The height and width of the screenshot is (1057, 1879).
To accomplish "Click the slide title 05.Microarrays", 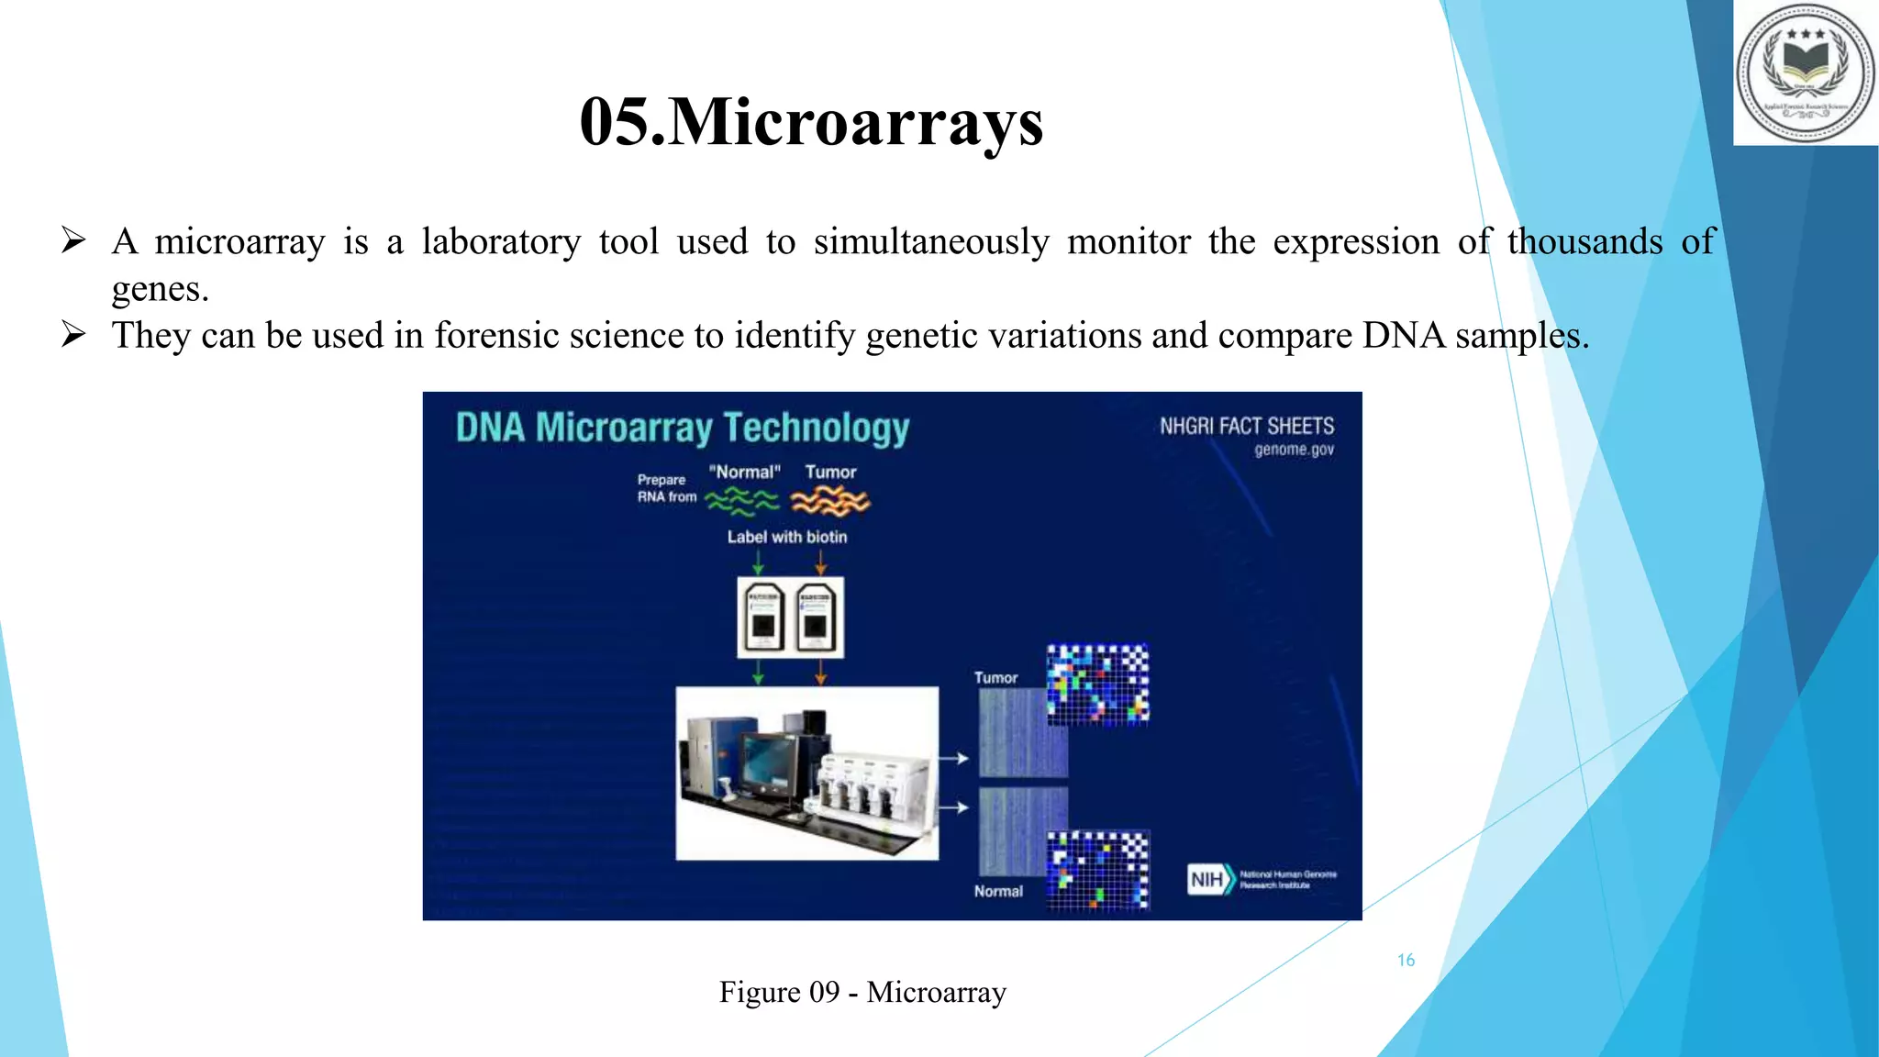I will (x=811, y=122).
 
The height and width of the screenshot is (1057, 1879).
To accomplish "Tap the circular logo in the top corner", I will (x=1805, y=72).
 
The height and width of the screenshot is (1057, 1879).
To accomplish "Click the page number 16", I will (x=1406, y=961).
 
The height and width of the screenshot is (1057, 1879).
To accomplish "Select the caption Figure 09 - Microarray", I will (x=862, y=992).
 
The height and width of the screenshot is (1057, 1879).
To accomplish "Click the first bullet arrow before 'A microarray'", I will (x=73, y=241).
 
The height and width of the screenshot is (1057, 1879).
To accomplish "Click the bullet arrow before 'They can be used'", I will (x=73, y=335).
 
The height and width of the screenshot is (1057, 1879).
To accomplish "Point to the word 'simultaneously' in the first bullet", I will (x=930, y=242).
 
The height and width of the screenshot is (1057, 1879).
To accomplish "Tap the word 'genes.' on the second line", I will (x=161, y=289).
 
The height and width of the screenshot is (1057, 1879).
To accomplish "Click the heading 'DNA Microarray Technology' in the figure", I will (x=682, y=428).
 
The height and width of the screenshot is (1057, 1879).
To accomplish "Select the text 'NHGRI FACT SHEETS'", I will (x=1246, y=427).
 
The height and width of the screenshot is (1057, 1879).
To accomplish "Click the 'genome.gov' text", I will (x=1294, y=450).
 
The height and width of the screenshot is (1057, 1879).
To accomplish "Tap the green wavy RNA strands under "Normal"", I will (x=741, y=501).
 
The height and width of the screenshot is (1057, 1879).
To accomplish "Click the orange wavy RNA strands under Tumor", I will (x=829, y=501).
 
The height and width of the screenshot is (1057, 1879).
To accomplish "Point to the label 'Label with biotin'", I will (x=786, y=537).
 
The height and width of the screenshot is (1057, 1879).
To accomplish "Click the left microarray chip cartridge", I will (x=763, y=617).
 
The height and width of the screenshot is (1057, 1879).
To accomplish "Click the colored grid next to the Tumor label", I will (x=1097, y=684).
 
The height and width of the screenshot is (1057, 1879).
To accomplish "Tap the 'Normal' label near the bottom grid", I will (x=998, y=891).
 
